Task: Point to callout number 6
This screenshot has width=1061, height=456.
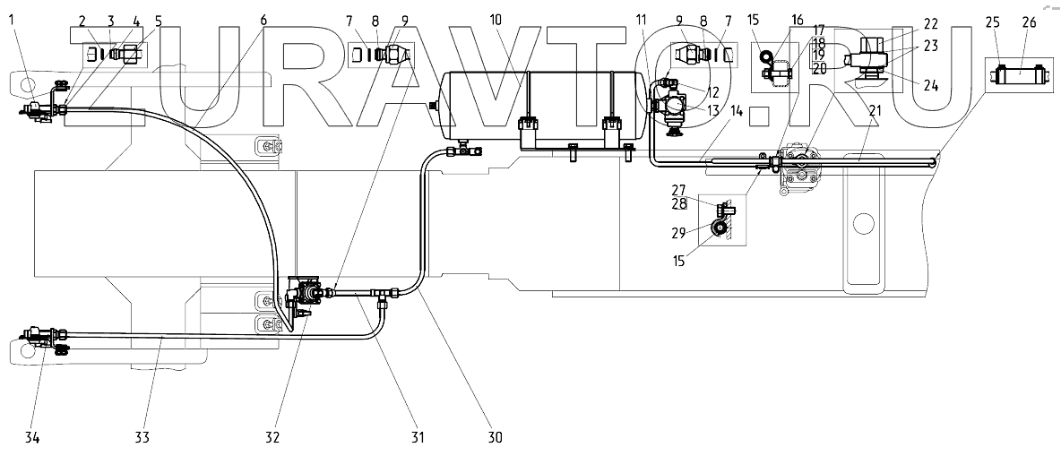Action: click(x=263, y=19)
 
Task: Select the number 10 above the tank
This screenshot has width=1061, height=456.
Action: click(x=496, y=19)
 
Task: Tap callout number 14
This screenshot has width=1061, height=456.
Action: click(x=737, y=111)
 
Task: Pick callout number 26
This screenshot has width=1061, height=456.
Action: click(x=1028, y=22)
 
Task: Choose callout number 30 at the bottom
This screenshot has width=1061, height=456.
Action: click(x=495, y=437)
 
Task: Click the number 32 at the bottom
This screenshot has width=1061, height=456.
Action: click(x=272, y=437)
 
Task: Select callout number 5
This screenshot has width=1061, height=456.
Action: click(x=159, y=19)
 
